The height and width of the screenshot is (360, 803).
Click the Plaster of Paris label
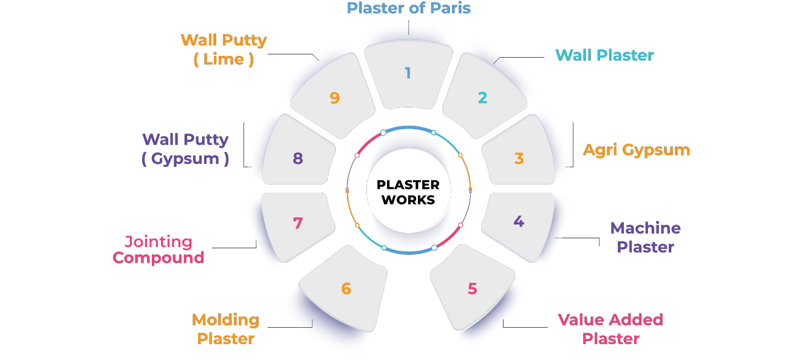coord(408,8)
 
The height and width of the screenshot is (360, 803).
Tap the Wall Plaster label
coord(604,55)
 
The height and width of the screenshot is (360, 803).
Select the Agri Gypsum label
coord(636,150)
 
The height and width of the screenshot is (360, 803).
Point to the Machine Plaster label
coord(645,237)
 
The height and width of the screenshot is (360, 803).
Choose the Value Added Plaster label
coord(610,329)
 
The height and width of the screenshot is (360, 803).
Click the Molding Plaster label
coord(225,329)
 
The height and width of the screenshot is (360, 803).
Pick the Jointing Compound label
coord(159,250)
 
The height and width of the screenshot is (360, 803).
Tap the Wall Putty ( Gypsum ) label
coord(185,149)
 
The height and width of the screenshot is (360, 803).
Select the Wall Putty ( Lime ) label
coord(224,50)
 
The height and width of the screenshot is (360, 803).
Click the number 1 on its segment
coord(408,73)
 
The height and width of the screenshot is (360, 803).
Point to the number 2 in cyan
coord(482,97)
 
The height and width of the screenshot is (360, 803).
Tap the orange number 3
coord(519,158)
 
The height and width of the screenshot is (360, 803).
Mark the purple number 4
coord(518,222)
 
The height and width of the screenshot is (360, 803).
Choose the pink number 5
coord(473,289)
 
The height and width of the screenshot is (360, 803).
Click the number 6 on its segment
coord(346,288)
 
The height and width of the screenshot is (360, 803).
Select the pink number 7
coord(297,223)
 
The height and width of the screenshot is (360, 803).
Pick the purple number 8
coord(297,158)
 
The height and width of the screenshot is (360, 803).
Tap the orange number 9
coord(334,98)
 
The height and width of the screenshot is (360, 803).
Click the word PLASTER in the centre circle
coord(408,185)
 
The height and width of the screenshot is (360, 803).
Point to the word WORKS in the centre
coord(408,200)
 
